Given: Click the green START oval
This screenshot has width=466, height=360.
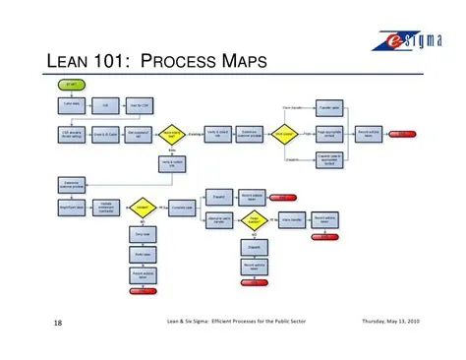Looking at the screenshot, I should (73, 87).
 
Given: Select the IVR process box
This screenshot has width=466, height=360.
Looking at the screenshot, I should (105, 104).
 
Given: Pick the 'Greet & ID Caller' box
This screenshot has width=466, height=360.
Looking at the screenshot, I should (106, 134).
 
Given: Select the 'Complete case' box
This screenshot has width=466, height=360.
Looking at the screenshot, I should (181, 209).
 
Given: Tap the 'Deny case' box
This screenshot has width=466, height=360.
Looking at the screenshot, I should (142, 234).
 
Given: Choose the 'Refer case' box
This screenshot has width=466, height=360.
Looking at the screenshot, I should (142, 253).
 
